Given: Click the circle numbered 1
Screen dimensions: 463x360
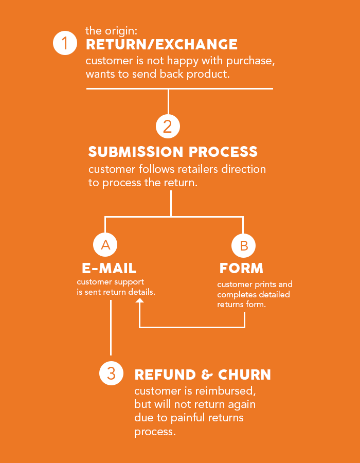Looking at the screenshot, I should [65, 43].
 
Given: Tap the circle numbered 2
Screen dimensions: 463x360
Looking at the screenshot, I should [168, 126].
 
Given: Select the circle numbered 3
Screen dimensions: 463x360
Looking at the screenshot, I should [111, 373].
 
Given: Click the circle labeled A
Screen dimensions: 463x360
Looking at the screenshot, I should [105, 245].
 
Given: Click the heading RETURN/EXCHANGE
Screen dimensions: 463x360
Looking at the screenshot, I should [161, 44].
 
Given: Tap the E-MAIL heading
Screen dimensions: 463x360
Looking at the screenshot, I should [109, 268].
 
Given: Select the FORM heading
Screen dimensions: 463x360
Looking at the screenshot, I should [241, 268].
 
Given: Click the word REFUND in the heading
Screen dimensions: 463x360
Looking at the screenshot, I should [165, 375].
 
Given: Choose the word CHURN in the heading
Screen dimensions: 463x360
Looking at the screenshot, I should [244, 375].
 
